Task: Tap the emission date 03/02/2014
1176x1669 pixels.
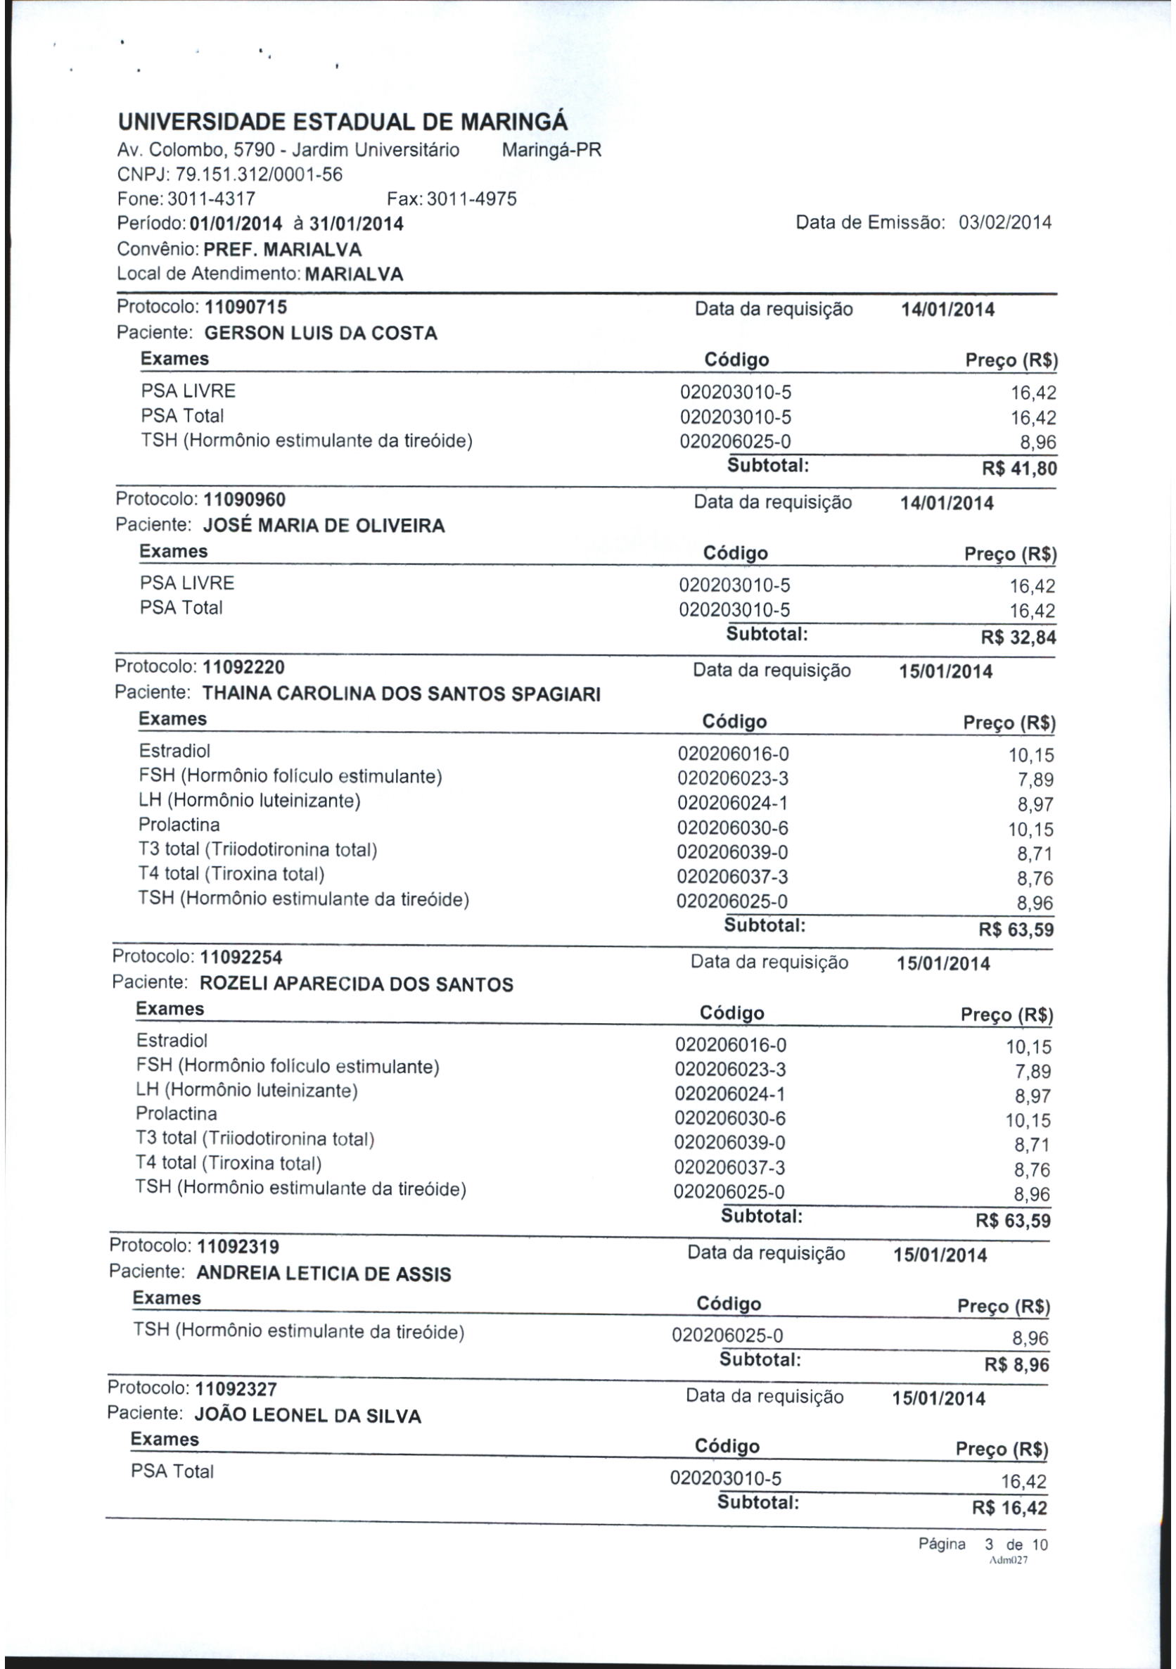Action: point(1005,222)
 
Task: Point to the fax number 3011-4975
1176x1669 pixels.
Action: point(472,199)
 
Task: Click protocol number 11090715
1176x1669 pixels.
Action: point(245,307)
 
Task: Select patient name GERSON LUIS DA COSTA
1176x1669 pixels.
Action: point(321,334)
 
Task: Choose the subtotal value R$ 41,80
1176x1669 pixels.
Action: point(1019,469)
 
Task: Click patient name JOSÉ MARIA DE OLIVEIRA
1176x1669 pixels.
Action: point(324,526)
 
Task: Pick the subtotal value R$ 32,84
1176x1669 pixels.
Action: point(1018,638)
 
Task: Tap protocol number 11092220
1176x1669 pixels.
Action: point(243,666)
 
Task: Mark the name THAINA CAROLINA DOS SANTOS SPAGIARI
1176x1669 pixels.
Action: point(401,694)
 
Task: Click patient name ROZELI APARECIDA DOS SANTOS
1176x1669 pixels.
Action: point(356,985)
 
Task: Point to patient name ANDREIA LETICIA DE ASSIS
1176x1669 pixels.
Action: point(324,1274)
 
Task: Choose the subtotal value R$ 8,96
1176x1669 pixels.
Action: point(1017,1365)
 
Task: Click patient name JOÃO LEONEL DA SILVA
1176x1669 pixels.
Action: point(307,1416)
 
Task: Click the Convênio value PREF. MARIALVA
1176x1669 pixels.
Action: point(283,250)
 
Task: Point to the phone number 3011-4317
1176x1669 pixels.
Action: point(212,199)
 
